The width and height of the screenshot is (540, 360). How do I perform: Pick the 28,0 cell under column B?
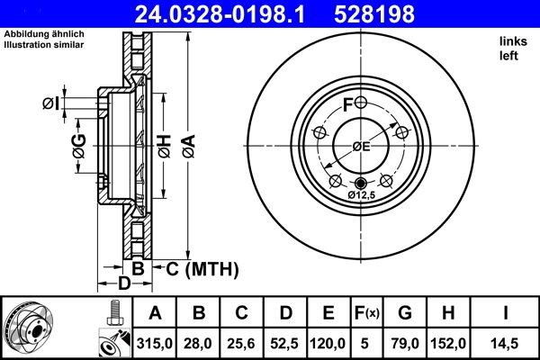point(200,344)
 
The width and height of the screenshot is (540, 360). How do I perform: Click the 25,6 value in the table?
point(242,344)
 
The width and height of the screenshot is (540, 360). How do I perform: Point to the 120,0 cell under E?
point(328,344)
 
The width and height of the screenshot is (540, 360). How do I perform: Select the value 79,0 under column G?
point(404,344)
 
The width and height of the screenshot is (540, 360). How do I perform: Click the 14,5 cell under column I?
point(505,344)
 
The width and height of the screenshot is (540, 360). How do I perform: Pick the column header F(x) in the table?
point(366,313)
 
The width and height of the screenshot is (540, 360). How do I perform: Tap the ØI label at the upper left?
point(50,103)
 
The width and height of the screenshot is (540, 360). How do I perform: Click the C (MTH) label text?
point(201,268)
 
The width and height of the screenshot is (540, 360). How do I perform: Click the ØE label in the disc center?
point(362,147)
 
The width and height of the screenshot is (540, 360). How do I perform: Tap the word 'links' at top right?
point(512,41)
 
